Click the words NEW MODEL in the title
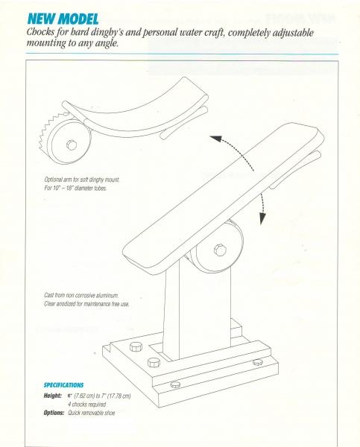point(64,16)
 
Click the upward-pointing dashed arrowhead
point(212,138)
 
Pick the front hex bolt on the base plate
point(154,363)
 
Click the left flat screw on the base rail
point(176,384)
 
